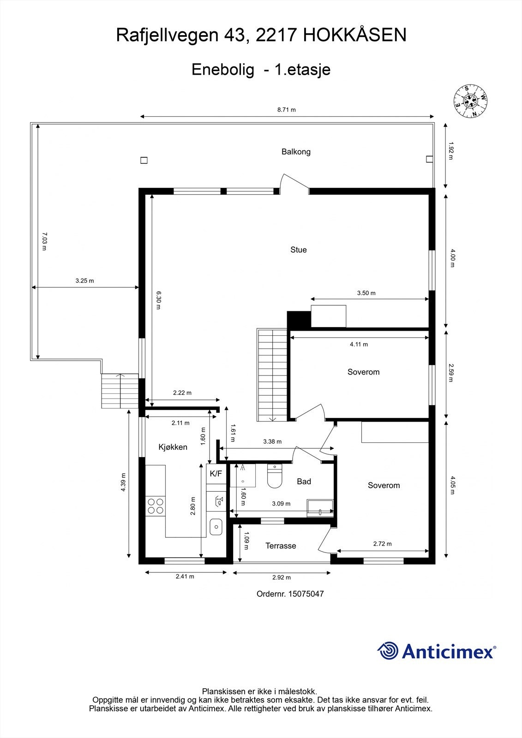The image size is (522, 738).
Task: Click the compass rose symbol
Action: [471, 101]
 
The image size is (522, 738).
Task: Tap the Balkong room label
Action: [296, 152]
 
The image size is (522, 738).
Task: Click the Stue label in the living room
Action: [298, 250]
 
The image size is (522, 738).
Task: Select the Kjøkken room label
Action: [173, 447]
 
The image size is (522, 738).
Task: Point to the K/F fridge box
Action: [216, 474]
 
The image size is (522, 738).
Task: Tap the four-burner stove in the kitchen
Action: [155, 506]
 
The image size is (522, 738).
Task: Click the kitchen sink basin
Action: [216, 527]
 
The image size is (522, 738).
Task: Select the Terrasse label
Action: [281, 546]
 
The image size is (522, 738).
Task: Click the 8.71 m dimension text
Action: [286, 110]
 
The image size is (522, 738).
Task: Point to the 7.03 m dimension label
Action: [44, 241]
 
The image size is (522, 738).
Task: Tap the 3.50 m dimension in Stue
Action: [366, 293]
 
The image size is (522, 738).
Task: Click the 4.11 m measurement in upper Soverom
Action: [359, 344]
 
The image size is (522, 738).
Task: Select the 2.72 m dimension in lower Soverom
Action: [382, 544]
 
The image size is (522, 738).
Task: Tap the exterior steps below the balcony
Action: [120, 391]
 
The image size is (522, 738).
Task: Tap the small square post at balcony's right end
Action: [429, 160]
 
